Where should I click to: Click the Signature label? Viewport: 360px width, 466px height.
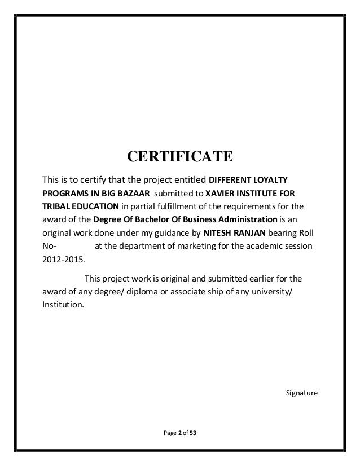point(302,392)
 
